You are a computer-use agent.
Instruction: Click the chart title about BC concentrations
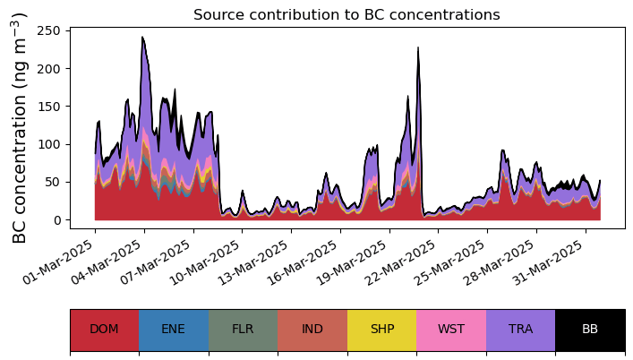(x=346, y=14)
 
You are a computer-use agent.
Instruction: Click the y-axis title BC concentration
(x=20, y=127)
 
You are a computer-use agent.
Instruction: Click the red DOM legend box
(x=104, y=330)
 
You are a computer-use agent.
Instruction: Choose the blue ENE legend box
(x=174, y=330)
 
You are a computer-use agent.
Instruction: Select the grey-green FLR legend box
(x=243, y=330)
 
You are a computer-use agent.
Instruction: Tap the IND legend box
(x=312, y=330)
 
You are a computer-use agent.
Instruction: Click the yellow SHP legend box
(x=381, y=330)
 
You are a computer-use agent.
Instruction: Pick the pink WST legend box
(x=451, y=330)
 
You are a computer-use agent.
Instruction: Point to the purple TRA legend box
(x=520, y=330)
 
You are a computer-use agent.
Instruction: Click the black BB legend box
(x=590, y=330)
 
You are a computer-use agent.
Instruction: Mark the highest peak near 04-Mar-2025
(x=142, y=38)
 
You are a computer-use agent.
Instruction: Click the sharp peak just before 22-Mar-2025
(x=418, y=48)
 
